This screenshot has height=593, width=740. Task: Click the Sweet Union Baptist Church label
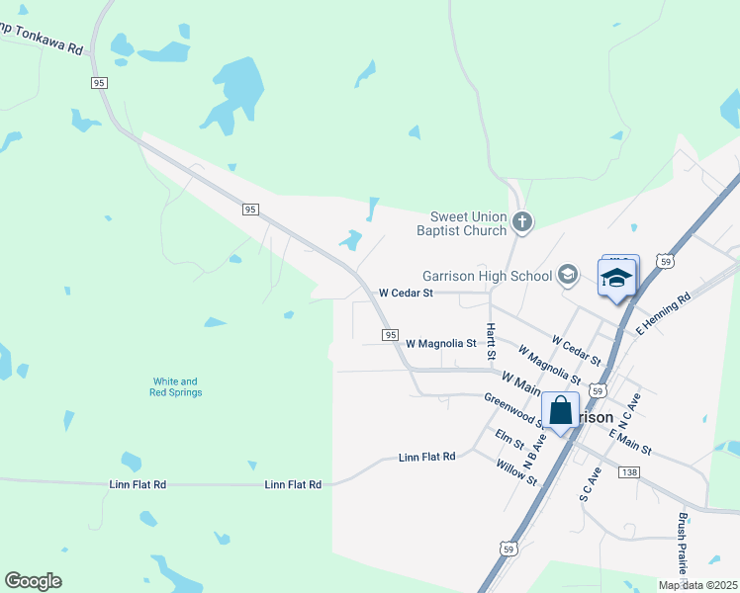(x=469, y=223)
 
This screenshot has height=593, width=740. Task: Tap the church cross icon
(x=523, y=223)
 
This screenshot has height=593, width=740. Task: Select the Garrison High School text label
(x=487, y=276)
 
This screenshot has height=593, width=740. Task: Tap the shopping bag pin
(x=560, y=411)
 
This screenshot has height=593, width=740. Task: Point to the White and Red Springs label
(x=176, y=386)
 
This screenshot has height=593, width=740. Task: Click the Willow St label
(x=516, y=472)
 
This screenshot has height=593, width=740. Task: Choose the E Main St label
(x=630, y=442)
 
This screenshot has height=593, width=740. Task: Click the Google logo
(x=33, y=580)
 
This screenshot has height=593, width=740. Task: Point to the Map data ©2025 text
(x=696, y=585)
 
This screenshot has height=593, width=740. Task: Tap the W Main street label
(x=521, y=379)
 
